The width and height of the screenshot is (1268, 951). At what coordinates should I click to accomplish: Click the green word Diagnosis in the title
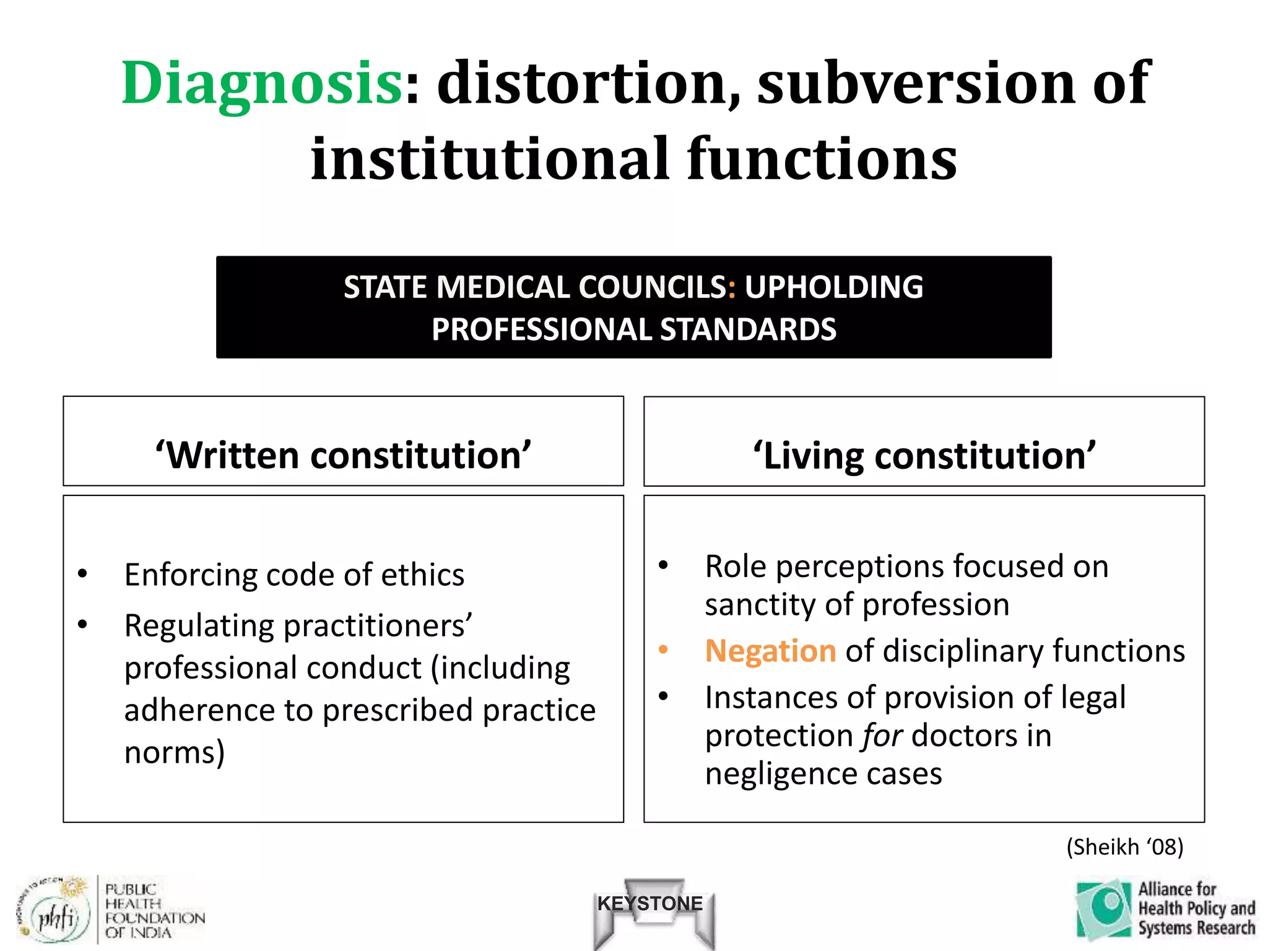click(263, 84)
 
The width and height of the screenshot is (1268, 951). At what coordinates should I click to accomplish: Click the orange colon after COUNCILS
click(732, 288)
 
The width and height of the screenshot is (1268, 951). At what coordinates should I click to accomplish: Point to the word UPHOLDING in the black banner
click(833, 288)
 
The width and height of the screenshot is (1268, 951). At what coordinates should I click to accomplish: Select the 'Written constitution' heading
click(343, 456)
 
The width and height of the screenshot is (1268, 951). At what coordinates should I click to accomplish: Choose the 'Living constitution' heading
click(924, 456)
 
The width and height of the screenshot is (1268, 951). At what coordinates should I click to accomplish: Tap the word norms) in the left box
click(175, 753)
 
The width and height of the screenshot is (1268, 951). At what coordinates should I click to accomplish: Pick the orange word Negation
click(771, 651)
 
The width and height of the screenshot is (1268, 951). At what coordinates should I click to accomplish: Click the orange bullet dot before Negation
click(664, 650)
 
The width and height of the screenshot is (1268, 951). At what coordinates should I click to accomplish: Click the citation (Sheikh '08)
click(1124, 847)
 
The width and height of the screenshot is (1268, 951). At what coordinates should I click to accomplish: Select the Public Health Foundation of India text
click(154, 911)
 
